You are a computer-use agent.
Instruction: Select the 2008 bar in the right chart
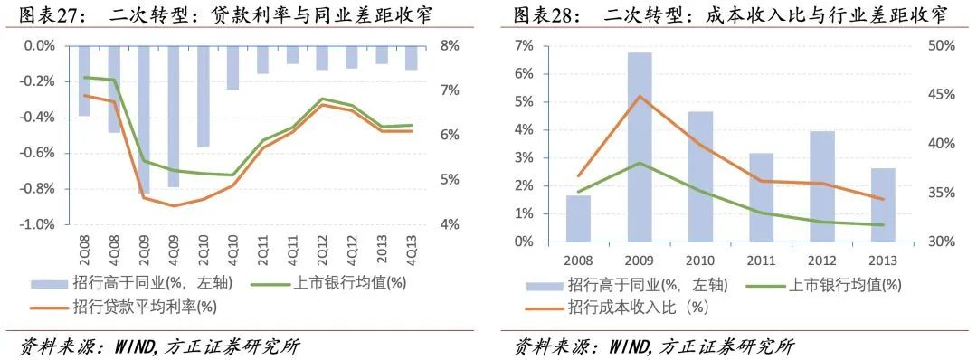tap(578, 218)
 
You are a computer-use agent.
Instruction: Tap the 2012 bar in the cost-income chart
tap(821, 186)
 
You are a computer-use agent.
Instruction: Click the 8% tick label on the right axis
tap(451, 45)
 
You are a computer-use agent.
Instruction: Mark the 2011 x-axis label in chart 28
tap(762, 258)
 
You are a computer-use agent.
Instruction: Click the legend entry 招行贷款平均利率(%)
tap(145, 307)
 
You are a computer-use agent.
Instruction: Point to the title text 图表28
tap(546, 15)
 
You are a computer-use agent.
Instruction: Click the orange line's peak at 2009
tap(640, 96)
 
